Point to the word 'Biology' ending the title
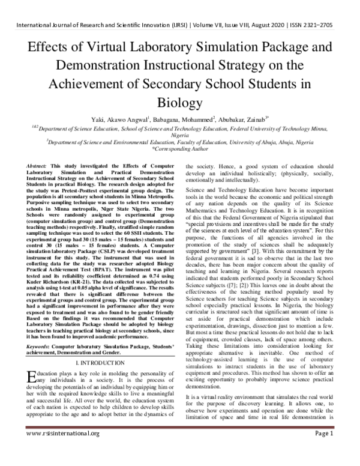pos(179,103)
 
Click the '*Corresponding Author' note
pos(179,148)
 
